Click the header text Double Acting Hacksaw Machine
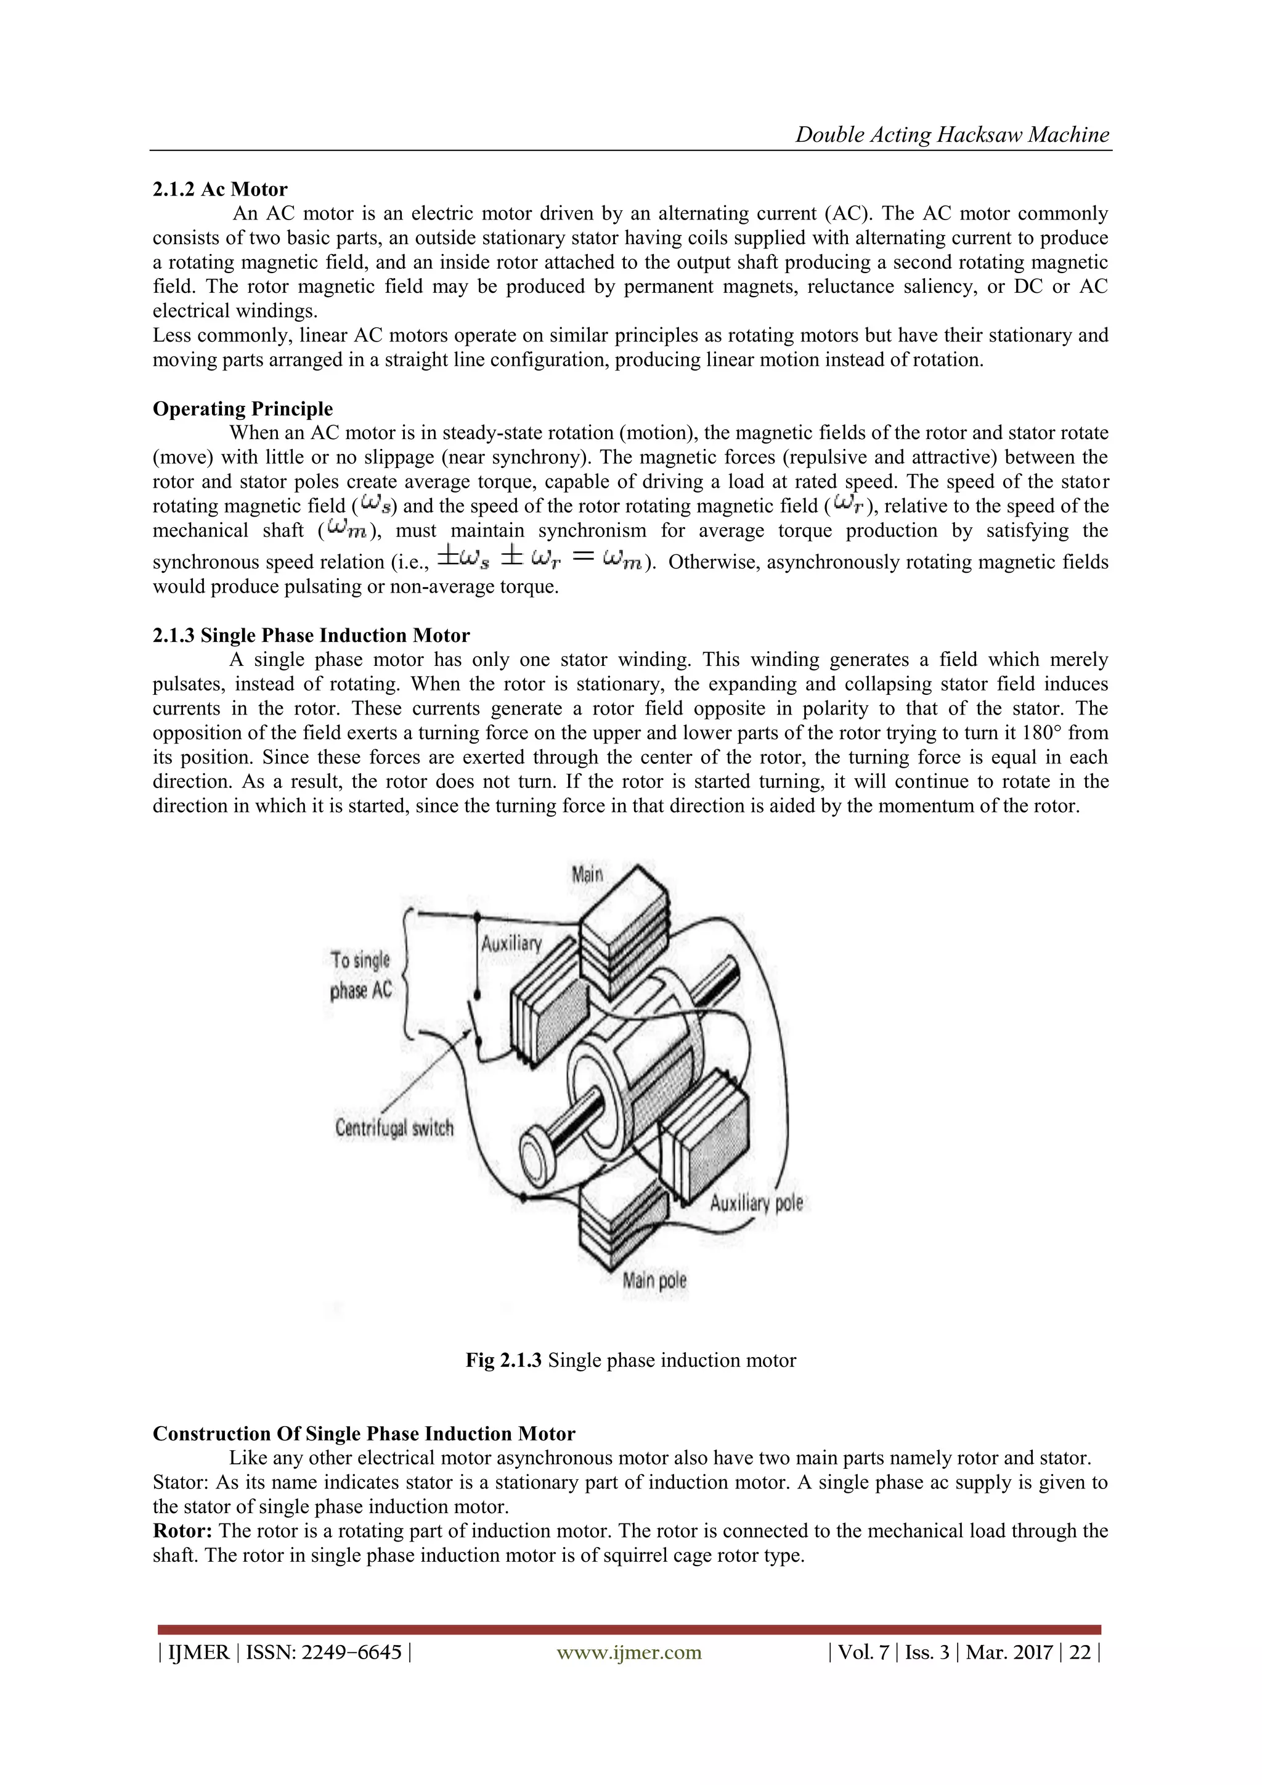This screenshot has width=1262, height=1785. tap(952, 134)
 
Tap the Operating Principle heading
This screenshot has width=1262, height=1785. tap(242, 409)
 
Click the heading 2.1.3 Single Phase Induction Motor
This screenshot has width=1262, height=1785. tap(311, 635)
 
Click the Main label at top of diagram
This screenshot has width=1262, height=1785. tap(587, 874)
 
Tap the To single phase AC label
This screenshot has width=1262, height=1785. tap(360, 975)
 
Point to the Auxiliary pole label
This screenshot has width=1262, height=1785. tap(755, 1203)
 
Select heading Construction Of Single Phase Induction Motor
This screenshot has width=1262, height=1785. tap(364, 1434)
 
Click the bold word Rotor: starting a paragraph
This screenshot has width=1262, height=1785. tap(182, 1531)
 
